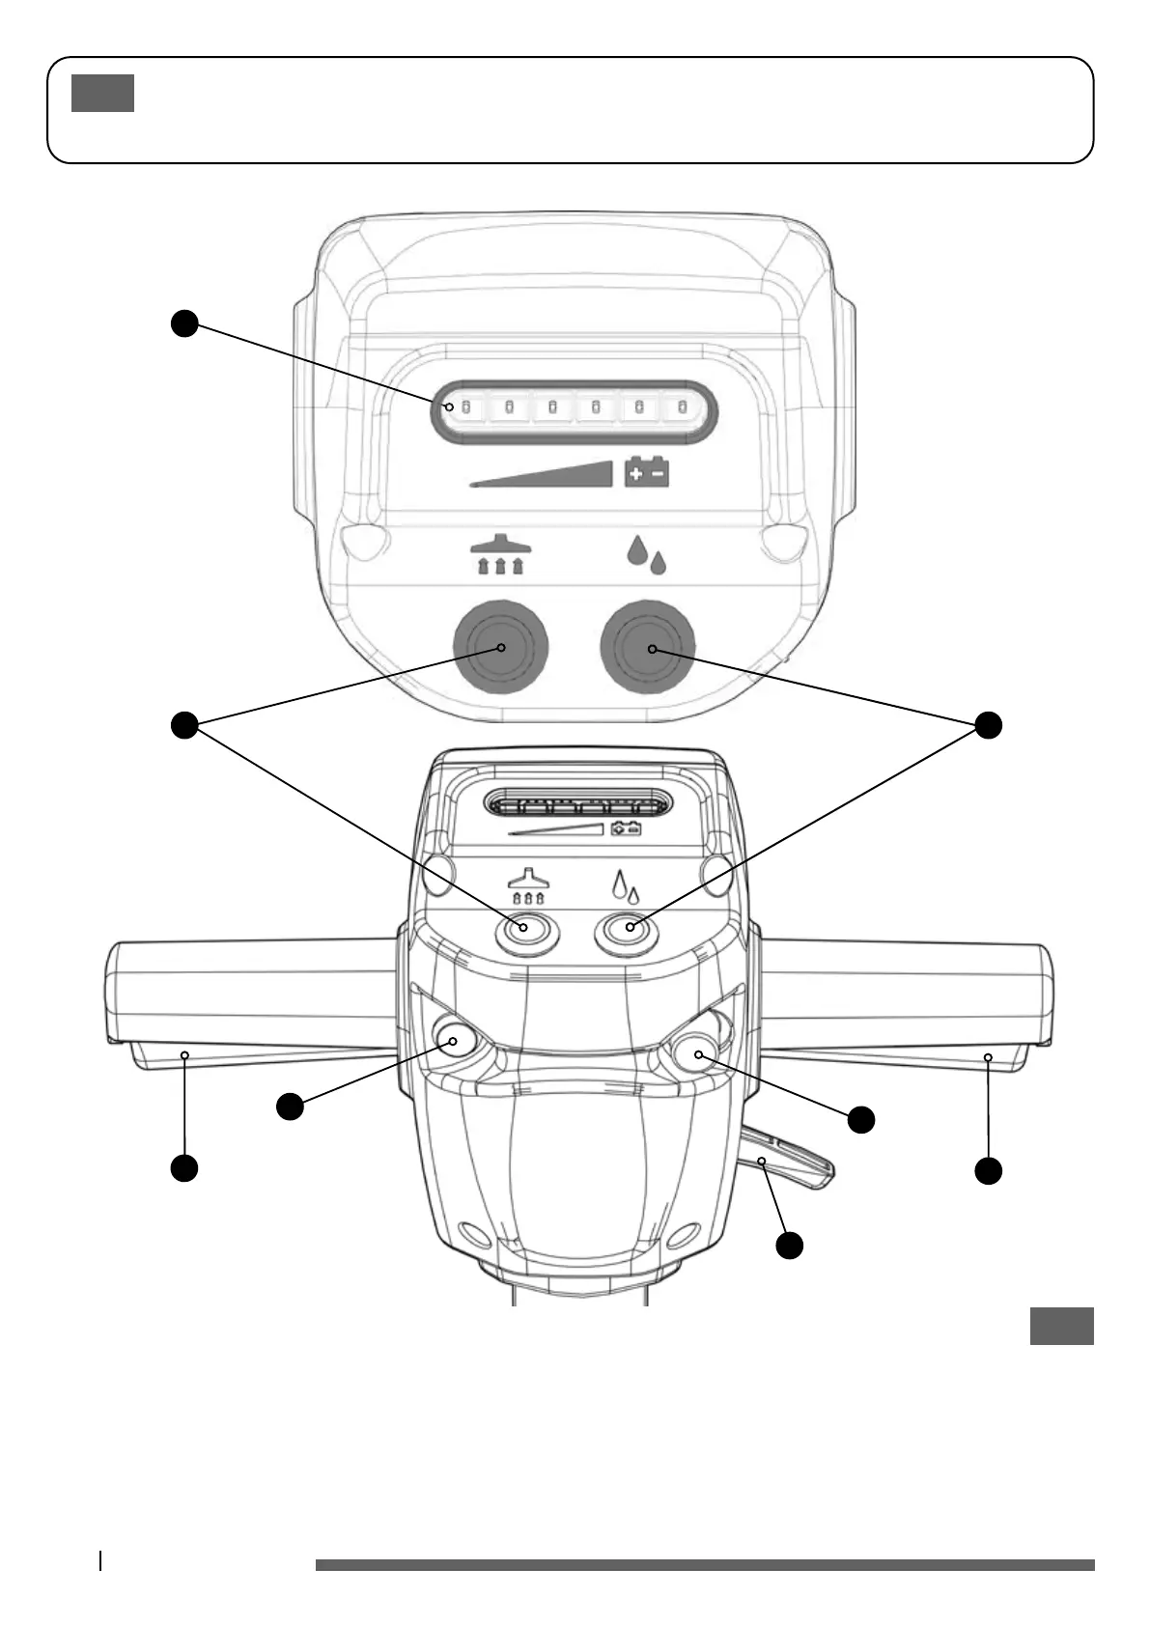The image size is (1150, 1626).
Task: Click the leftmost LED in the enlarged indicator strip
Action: coord(463,407)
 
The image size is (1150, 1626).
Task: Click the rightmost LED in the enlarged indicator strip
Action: coord(683,407)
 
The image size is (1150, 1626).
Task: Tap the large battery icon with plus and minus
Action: coord(647,471)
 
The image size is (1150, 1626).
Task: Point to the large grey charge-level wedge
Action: coord(560,475)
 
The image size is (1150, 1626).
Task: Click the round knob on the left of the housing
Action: coord(453,1039)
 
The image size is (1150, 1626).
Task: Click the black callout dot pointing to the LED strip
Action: coord(184,323)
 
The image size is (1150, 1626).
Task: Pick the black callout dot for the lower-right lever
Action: coord(790,1246)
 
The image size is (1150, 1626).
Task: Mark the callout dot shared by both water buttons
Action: coord(988,725)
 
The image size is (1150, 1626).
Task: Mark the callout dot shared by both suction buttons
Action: coord(184,725)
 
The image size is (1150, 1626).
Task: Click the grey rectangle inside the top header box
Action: coord(102,93)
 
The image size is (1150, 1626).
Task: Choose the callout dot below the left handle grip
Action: coord(184,1167)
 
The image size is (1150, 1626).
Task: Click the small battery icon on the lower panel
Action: coord(627,827)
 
